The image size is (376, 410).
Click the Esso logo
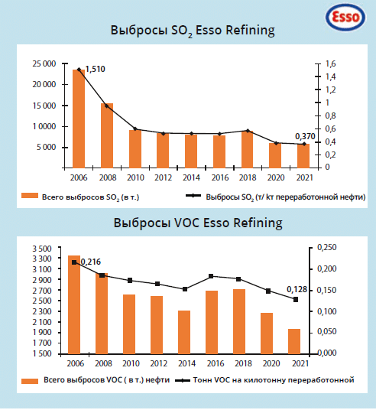[x=345, y=17]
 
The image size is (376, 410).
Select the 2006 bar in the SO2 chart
[x=79, y=119]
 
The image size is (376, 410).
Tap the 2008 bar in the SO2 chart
[x=107, y=135]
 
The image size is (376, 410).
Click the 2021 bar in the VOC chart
[x=294, y=341]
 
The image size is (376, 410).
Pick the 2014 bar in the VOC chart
[x=184, y=332]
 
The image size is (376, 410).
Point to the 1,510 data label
[x=95, y=69]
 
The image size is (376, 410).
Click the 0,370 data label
[x=305, y=136]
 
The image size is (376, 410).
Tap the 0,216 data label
[x=91, y=262]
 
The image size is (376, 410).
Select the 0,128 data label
[x=297, y=289]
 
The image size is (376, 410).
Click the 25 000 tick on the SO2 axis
[x=44, y=63]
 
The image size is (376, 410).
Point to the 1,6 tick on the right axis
[x=331, y=63]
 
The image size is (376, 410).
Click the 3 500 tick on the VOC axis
[x=42, y=249]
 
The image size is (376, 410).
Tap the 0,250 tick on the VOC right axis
[x=327, y=247]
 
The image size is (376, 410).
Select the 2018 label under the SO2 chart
[x=248, y=177]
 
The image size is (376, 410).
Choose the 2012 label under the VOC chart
[x=159, y=363]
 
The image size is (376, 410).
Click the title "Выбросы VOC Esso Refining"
[x=198, y=223]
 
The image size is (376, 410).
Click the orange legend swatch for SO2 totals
[x=30, y=196]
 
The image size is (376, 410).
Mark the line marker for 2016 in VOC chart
[x=212, y=276]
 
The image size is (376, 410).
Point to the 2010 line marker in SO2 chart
[x=135, y=129]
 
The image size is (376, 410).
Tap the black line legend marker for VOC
[x=183, y=380]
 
